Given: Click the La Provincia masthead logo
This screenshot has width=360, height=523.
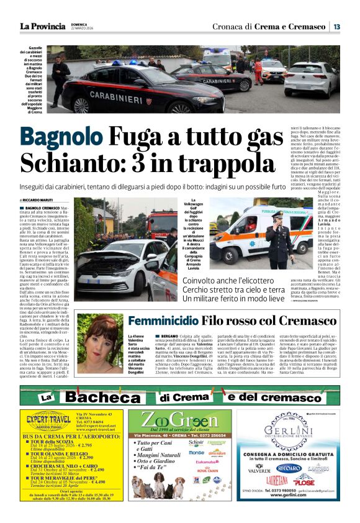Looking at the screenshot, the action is (x=42, y=26).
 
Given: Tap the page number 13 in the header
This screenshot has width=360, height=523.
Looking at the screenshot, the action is (x=336, y=26).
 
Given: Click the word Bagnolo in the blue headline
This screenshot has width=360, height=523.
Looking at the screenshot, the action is (x=61, y=136).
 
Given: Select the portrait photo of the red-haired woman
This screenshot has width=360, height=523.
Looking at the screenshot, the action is (x=100, y=343).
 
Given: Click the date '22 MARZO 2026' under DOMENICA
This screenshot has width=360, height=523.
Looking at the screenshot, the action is (x=86, y=29).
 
